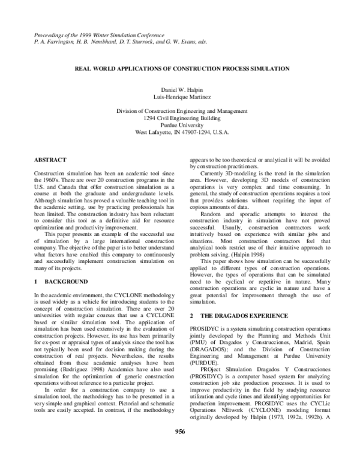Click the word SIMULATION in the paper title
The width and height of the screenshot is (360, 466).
(269, 69)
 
